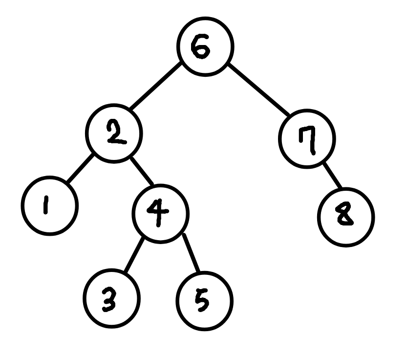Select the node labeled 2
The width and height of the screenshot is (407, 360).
click(115, 133)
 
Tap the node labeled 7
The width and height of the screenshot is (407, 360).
click(307, 139)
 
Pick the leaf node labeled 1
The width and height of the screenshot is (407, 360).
click(50, 206)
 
